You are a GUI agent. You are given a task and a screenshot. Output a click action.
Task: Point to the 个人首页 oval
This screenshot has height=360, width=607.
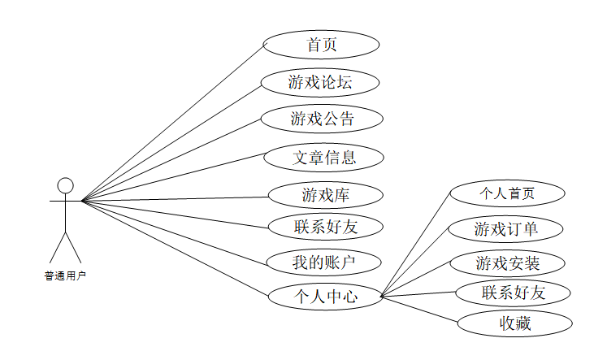(x=324, y=297)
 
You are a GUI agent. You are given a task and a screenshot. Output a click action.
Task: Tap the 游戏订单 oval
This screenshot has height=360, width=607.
(x=506, y=193)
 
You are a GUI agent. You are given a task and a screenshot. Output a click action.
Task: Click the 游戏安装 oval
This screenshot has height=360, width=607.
(x=506, y=229)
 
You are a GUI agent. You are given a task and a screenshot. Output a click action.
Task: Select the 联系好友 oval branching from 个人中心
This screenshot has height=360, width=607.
(x=514, y=293)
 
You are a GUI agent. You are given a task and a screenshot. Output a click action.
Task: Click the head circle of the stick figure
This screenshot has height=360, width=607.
(x=65, y=185)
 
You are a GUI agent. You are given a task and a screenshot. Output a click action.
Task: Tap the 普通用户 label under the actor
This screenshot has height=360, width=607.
(x=65, y=275)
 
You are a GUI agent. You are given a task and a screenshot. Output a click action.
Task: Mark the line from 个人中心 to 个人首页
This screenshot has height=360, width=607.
(x=415, y=245)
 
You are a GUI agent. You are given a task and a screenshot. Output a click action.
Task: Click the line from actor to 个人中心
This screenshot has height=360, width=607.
(x=175, y=246)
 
